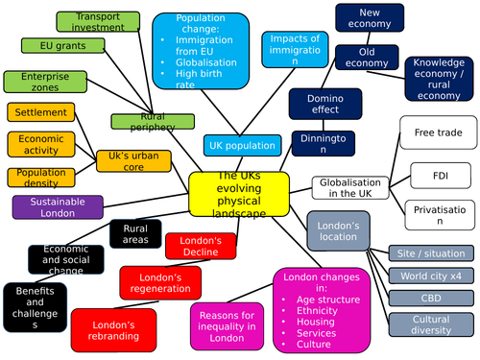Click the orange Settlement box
pyautogui.click(x=41, y=112)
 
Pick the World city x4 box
pyautogui.click(x=431, y=276)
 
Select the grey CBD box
pyautogui.click(x=431, y=299)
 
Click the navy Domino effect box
pyautogui.click(x=324, y=102)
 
